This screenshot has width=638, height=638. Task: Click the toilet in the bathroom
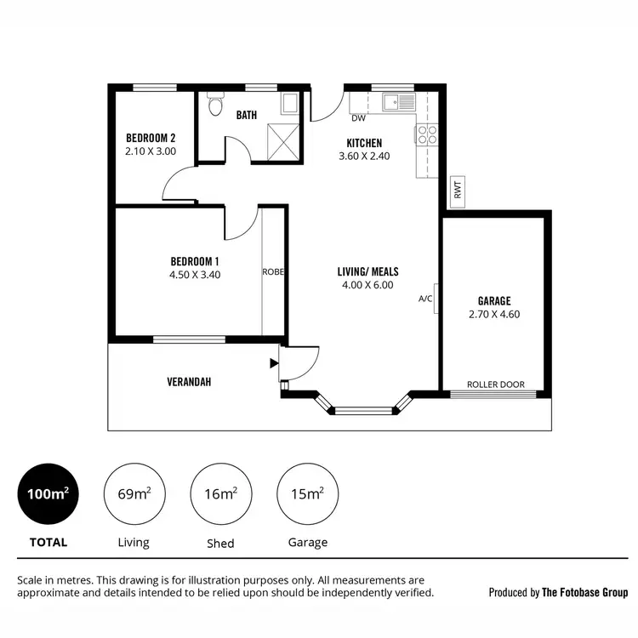[216, 106]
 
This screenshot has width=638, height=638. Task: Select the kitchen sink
[398, 103]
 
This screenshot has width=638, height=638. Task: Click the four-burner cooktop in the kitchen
[426, 134]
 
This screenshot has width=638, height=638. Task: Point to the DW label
[358, 119]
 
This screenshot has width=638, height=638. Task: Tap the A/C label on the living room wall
[426, 299]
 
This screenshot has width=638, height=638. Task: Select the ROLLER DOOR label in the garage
[499, 385]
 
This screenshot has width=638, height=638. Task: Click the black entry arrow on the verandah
[273, 363]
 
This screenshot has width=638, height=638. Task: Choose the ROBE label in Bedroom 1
[272, 272]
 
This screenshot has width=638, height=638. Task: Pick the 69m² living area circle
[133, 494]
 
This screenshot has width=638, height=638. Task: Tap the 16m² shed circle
[220, 494]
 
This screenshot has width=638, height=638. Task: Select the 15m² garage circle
[307, 494]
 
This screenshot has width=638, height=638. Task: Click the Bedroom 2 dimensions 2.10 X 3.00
[151, 151]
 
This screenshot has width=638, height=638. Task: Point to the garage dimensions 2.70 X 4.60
[493, 314]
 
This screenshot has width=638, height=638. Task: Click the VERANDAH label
[189, 382]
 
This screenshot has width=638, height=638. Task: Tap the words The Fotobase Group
[584, 592]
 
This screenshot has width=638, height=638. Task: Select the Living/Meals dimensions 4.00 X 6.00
[367, 286]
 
